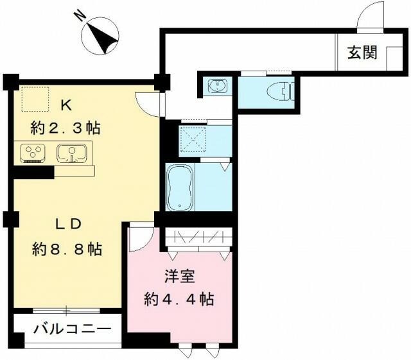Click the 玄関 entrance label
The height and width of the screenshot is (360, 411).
363,53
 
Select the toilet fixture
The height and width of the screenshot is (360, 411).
280,91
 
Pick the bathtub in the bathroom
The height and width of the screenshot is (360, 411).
180,187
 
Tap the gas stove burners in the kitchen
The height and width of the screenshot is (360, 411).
32,153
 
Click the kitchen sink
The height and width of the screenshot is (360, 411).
71,153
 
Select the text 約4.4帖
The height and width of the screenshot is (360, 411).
178,298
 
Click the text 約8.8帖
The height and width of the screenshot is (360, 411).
67,249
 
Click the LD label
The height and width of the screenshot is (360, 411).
66,225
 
